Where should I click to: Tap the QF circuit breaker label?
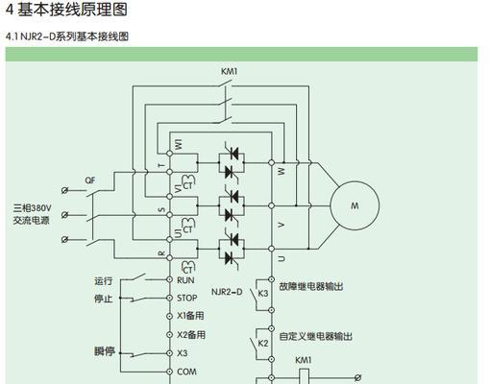[x=90, y=180]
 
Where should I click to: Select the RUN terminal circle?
[x=170, y=279]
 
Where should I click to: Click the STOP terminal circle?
[x=170, y=298]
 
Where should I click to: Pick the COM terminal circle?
[x=170, y=372]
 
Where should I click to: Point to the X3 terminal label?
[x=183, y=353]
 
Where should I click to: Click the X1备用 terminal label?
[x=190, y=316]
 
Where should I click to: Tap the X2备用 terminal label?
[x=191, y=335]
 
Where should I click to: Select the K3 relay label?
[x=263, y=293]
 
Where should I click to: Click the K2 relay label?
[x=263, y=344]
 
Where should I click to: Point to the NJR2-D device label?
[x=227, y=292]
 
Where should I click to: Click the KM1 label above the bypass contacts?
[x=230, y=71]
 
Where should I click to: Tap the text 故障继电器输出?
[x=311, y=286]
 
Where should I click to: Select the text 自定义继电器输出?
[x=316, y=336]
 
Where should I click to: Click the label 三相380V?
[x=32, y=208]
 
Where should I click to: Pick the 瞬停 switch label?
[x=105, y=351]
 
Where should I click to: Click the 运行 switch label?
[x=104, y=281]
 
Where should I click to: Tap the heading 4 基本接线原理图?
[x=66, y=9]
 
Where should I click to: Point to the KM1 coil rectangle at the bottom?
[x=304, y=376]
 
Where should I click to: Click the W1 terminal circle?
[x=170, y=154]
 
